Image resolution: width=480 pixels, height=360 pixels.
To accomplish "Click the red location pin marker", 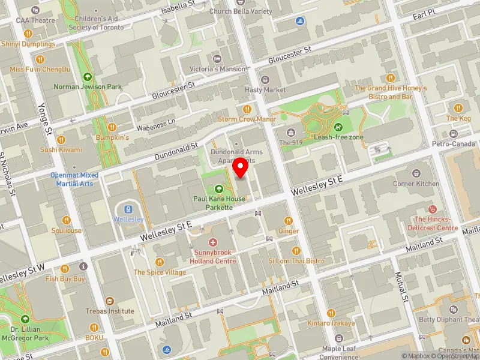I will pyautogui.click(x=241, y=169).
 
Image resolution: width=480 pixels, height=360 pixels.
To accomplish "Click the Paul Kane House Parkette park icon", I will pyautogui.click(x=218, y=188).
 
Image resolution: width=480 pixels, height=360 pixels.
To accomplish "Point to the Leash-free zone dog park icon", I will pyautogui.click(x=338, y=127).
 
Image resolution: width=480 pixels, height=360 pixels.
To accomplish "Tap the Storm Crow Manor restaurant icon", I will pyautogui.click(x=247, y=109).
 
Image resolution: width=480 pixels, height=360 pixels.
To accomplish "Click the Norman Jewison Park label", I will pyautogui.click(x=88, y=86).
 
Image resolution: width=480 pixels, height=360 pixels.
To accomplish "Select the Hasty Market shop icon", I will pyautogui.click(x=265, y=79).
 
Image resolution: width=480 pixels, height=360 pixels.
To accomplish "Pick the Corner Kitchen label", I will pyautogui.click(x=416, y=184).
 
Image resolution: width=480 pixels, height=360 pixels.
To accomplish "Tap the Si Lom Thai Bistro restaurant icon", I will pyautogui.click(x=296, y=251).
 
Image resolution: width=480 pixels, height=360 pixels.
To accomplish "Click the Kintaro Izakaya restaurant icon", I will pyautogui.click(x=331, y=313).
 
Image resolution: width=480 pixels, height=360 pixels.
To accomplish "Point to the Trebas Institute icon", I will pyautogui.click(x=109, y=301).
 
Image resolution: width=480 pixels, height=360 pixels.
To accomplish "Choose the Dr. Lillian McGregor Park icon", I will pyautogui.click(x=25, y=319).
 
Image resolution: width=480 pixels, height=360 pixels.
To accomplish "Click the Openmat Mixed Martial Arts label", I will pyautogui.click(x=74, y=179).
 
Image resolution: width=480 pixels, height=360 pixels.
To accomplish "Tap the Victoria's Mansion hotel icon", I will pyautogui.click(x=217, y=59).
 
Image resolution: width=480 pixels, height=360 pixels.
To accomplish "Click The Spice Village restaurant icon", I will pyautogui.click(x=159, y=262).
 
